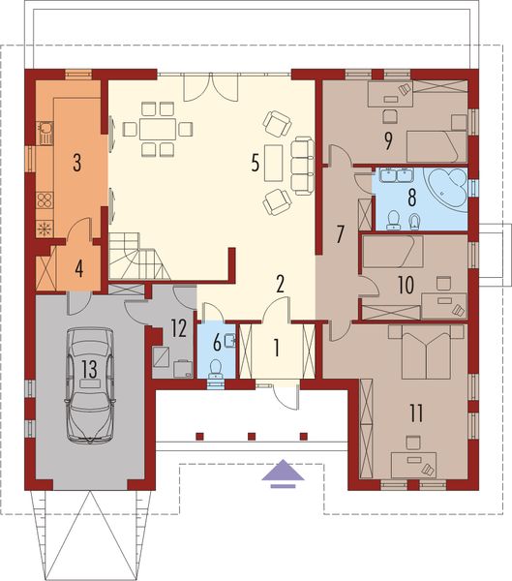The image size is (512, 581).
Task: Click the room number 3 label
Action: click(76, 162)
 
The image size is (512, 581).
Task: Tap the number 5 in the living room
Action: click(256, 162)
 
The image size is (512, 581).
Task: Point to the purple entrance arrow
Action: click(282, 471)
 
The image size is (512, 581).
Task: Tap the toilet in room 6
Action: click(216, 368)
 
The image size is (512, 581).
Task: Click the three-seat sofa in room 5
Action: click(303, 165)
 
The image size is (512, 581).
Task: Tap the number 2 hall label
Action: click(279, 284)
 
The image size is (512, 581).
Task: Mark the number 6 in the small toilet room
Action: click(216, 344)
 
